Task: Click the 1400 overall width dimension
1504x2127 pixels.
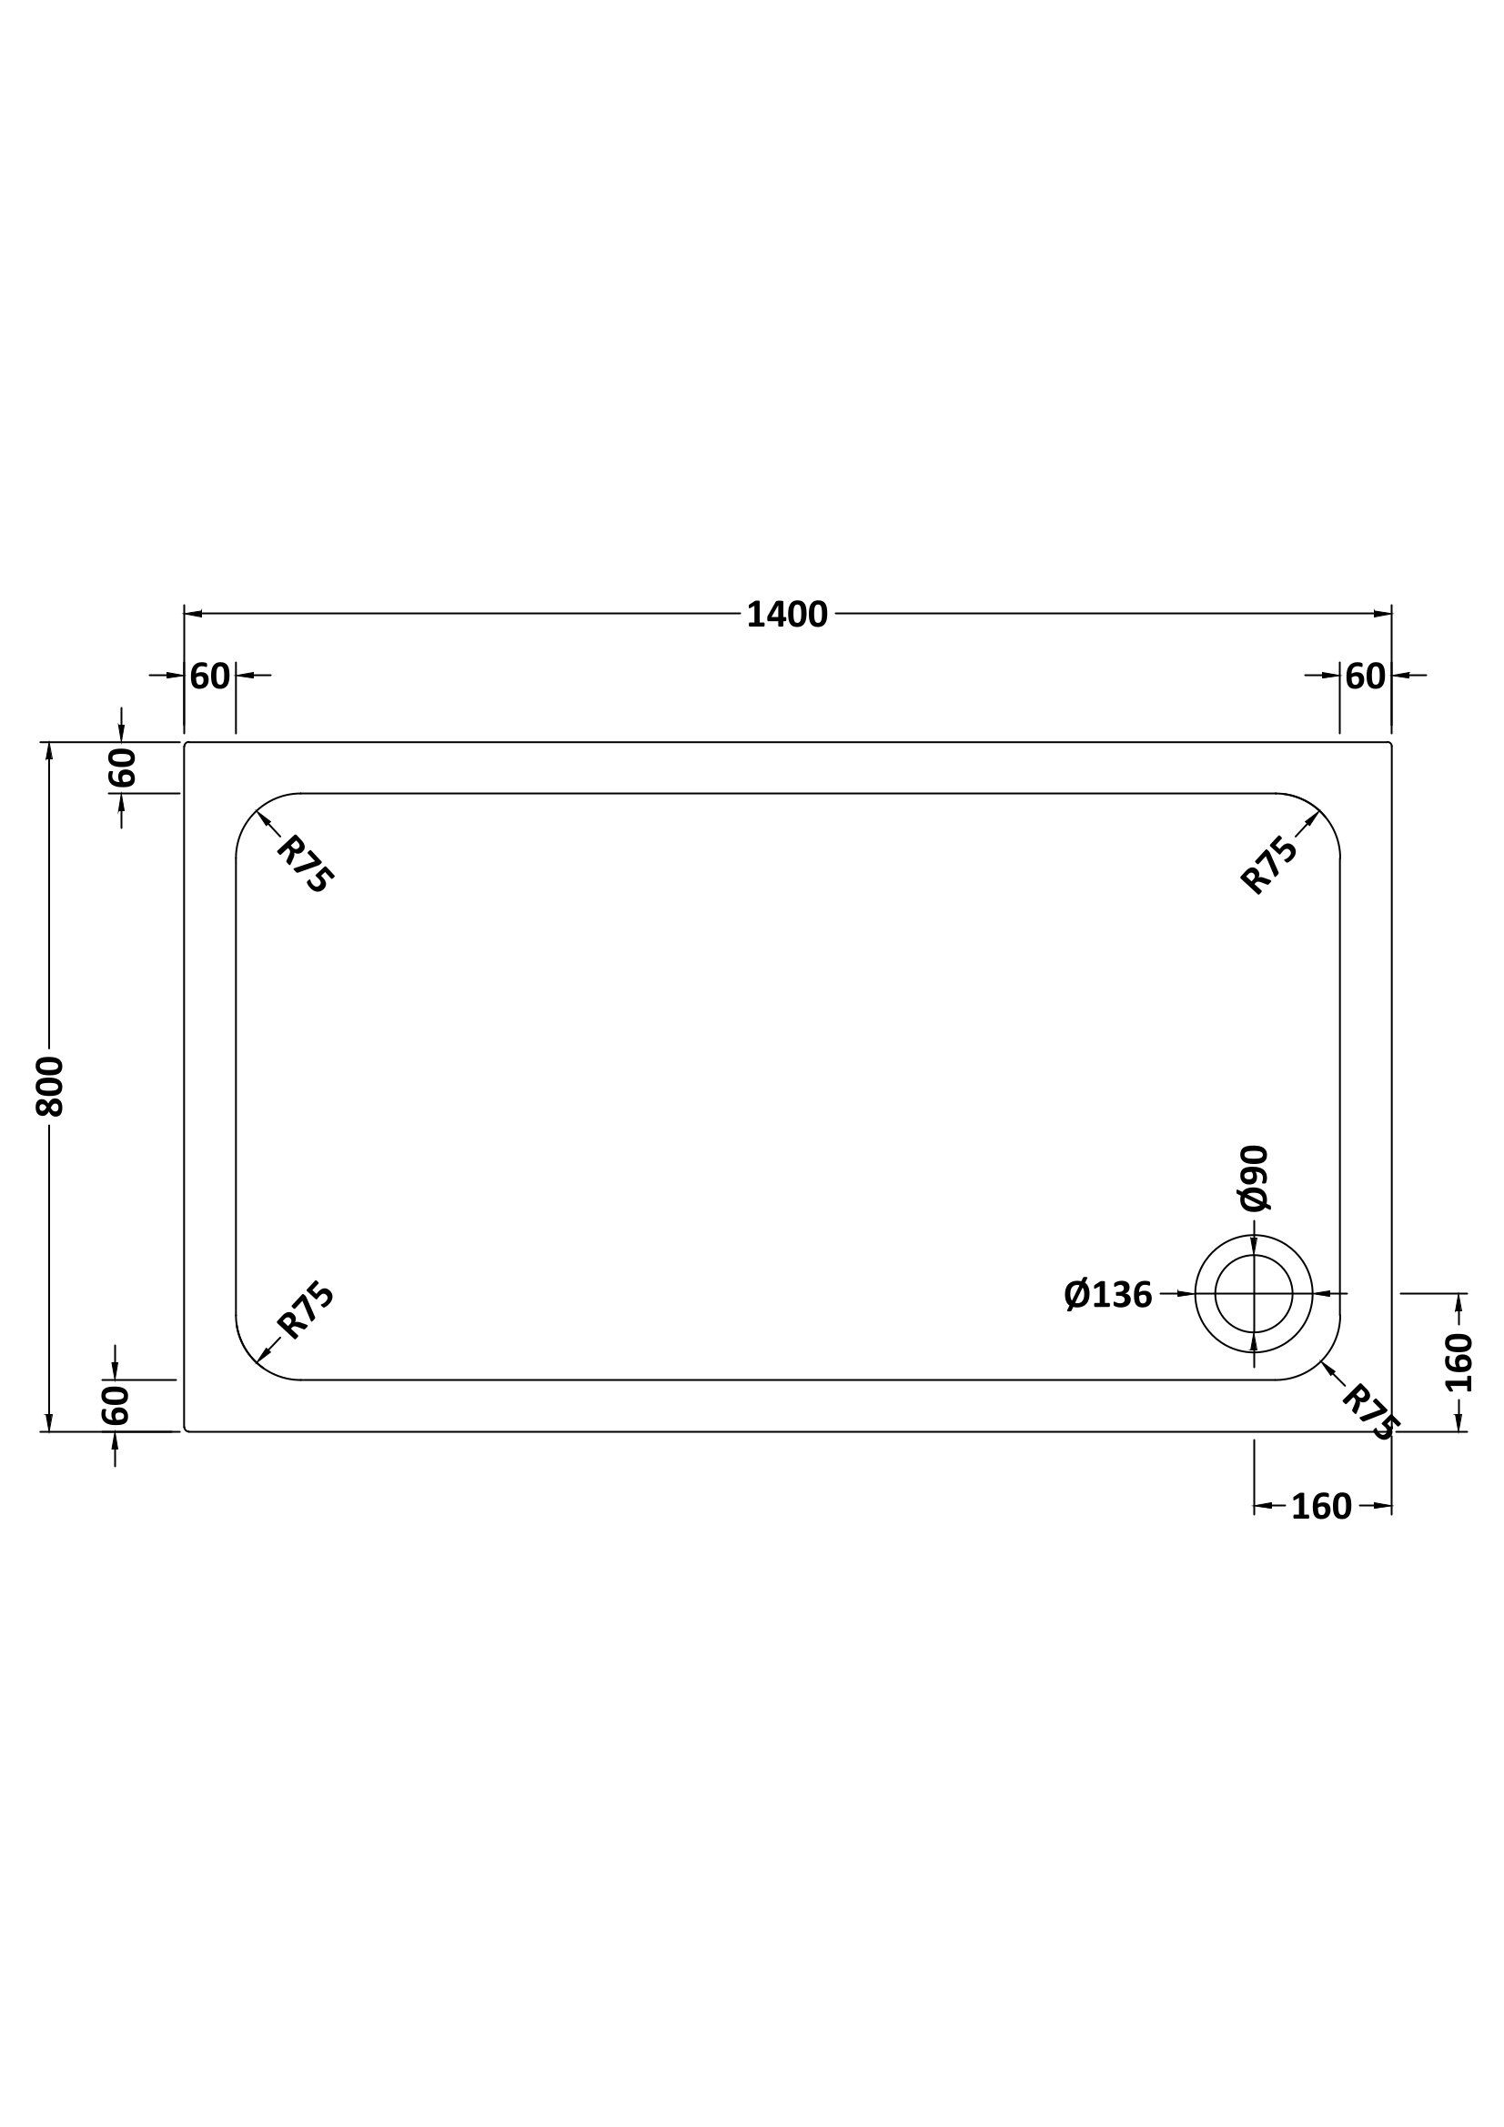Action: pyautogui.click(x=787, y=615)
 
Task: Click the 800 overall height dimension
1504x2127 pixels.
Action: pyautogui.click(x=50, y=1086)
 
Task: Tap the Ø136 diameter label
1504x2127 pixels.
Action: pyautogui.click(x=1107, y=1294)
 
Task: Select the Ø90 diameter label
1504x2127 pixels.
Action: pyautogui.click(x=1254, y=1179)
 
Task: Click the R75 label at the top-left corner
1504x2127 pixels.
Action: pyautogui.click(x=304, y=864)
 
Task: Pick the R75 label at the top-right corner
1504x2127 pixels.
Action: pyautogui.click(x=1268, y=864)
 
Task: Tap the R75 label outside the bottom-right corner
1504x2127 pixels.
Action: pyautogui.click(x=1369, y=1413)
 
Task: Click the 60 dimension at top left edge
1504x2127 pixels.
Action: pyautogui.click(x=209, y=677)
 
